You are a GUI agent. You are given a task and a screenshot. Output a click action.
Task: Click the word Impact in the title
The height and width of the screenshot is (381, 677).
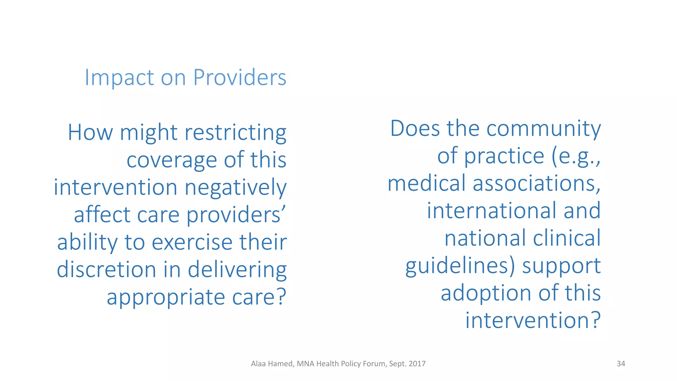(119, 78)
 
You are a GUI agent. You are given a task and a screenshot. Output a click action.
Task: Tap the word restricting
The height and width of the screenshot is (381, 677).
(235, 133)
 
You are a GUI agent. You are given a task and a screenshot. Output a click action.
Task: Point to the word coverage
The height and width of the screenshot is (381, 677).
(172, 160)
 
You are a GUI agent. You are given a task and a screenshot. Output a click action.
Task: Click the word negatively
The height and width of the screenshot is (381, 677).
(235, 188)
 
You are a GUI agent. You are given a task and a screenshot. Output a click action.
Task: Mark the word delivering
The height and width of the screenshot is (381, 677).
(237, 270)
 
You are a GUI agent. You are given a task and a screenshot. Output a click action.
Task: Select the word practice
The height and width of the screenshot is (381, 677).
(504, 156)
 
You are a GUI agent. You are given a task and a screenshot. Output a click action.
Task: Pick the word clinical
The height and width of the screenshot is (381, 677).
(567, 238)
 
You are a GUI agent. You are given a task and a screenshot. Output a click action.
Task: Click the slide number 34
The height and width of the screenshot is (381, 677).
(621, 364)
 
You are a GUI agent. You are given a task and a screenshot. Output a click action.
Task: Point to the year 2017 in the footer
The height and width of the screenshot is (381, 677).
(417, 364)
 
